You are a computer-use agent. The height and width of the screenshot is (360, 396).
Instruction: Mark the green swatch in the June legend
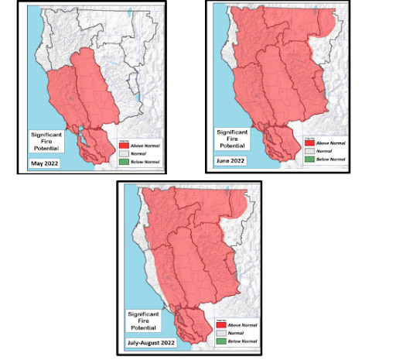310,159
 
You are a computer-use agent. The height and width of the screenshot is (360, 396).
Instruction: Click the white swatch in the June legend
310,151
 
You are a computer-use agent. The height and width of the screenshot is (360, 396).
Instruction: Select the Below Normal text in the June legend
330,159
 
